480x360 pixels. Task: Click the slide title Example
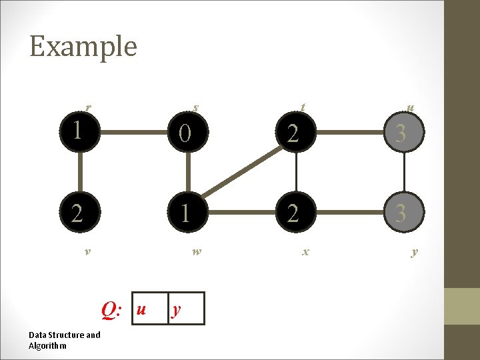click(83, 47)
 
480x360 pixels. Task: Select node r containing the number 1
click(79, 131)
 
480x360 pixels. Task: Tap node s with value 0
click(187, 134)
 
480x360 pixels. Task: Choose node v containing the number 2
click(79, 213)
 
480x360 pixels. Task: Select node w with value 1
click(187, 213)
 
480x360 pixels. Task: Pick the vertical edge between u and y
click(403, 173)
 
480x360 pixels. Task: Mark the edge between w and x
click(241, 213)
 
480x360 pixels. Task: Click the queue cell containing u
click(150, 309)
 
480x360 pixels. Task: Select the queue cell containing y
click(186, 309)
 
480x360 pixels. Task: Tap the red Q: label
click(111, 309)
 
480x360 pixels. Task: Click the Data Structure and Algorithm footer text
click(64, 340)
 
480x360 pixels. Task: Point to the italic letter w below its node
click(196, 252)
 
